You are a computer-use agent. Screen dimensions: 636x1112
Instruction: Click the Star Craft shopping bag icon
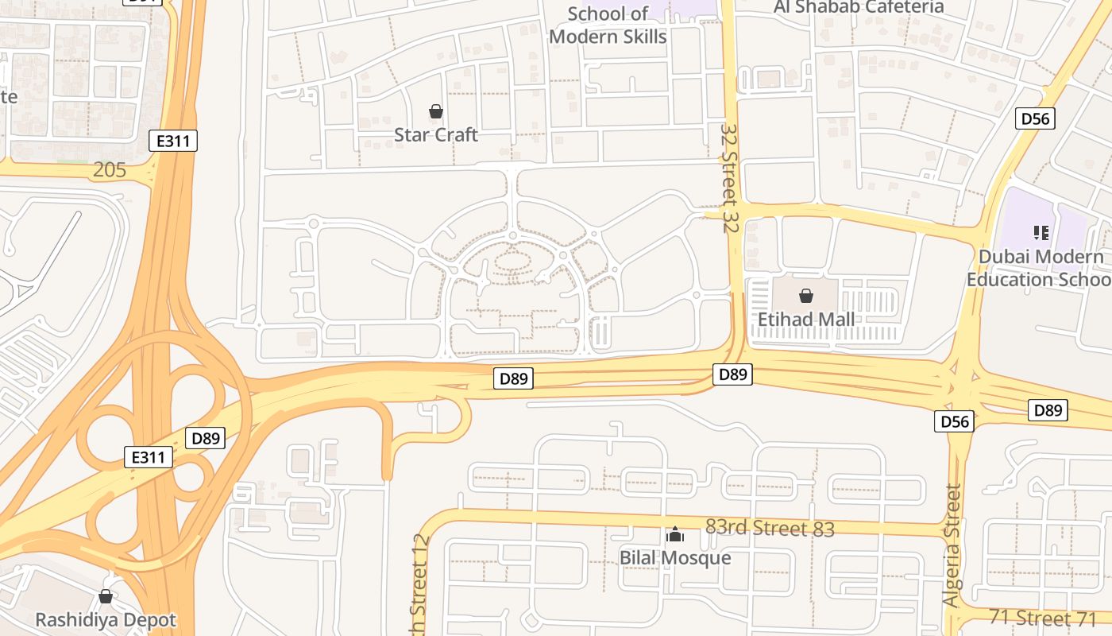coord(435,111)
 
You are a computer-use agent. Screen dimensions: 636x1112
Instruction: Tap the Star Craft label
coord(436,134)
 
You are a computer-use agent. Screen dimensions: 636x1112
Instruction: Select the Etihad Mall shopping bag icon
coord(806,297)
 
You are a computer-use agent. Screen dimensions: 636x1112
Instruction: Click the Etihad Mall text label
coord(806,319)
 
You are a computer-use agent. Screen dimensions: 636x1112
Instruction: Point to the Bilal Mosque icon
coord(675,534)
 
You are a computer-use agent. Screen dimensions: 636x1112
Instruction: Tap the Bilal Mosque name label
coord(675,557)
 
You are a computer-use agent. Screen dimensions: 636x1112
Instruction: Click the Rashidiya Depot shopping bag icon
coord(105,596)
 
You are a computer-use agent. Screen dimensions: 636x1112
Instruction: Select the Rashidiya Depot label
coord(105,619)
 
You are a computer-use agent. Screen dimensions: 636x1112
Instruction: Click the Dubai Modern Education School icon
coord(1041,233)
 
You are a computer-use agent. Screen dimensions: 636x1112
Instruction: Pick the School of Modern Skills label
coord(608,25)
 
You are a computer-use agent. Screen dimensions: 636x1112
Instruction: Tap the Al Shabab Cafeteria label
coord(859,7)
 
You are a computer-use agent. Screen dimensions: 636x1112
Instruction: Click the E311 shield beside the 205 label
coord(172,142)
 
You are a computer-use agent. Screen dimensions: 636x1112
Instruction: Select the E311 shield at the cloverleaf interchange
coord(149,457)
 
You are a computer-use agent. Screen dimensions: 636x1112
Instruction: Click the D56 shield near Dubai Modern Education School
coord(1035,119)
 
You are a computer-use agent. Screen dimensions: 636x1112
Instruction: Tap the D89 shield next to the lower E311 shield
coord(206,437)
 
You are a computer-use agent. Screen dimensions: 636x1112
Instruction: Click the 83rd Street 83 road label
coord(770,528)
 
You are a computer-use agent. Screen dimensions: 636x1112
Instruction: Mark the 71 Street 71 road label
coord(1041,617)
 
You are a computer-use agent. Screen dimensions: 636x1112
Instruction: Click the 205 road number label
coord(110,169)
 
